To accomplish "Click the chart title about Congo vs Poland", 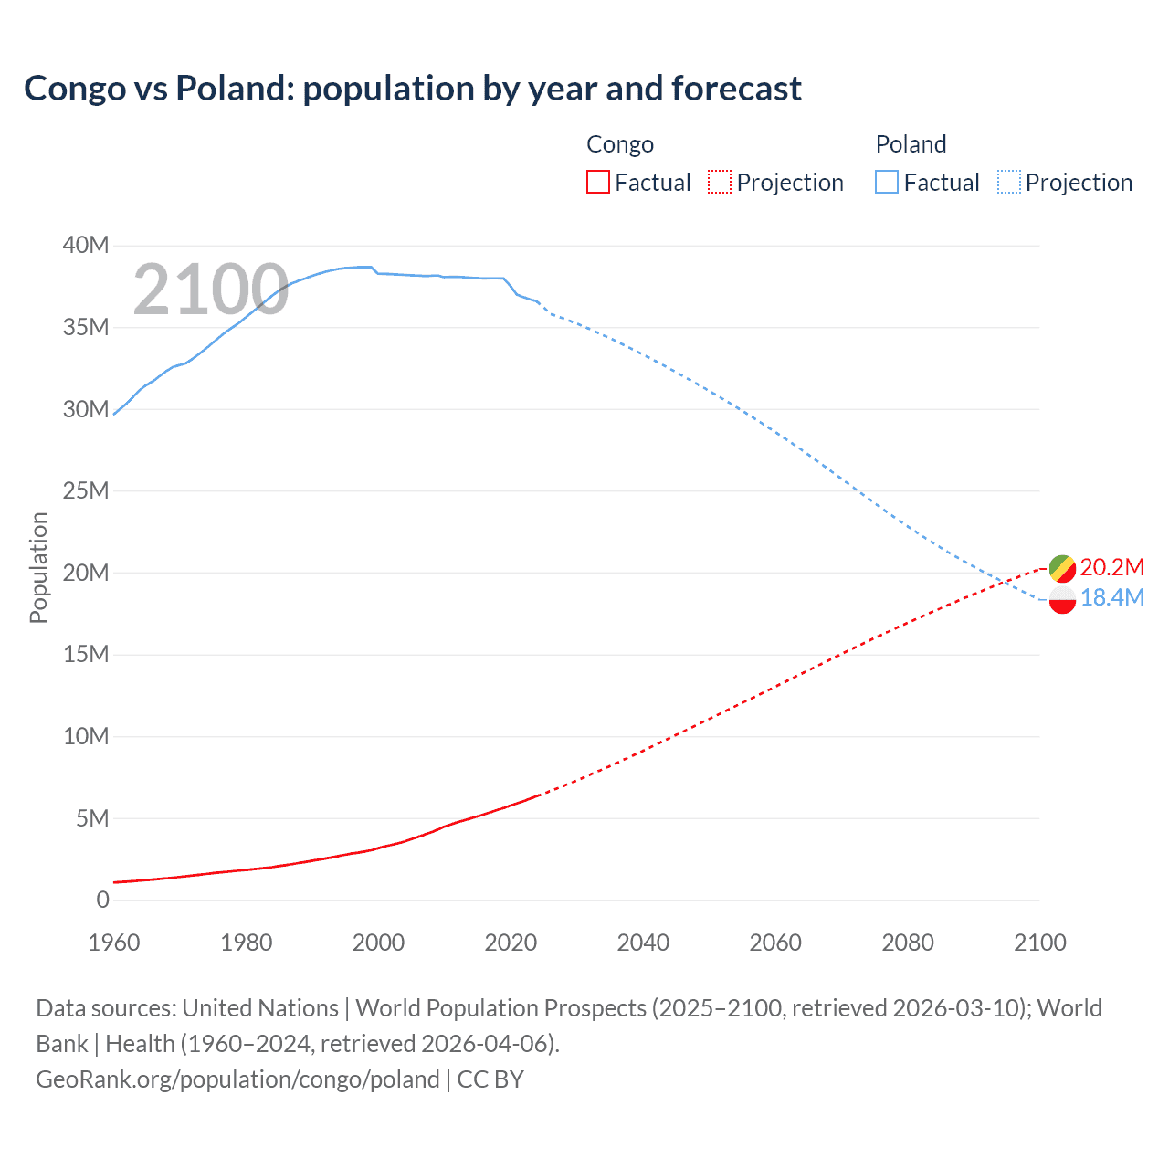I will [413, 89].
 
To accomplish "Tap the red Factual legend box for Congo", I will [597, 182].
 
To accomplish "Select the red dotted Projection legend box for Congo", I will [720, 182].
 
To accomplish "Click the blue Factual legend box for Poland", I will [886, 182].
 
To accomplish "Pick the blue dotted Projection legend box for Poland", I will [1008, 182].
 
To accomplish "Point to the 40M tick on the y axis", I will [85, 245].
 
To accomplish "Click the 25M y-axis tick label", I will [85, 490].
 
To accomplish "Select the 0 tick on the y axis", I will [102, 900].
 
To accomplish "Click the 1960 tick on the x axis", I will [114, 943].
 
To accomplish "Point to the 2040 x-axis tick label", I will [643, 943].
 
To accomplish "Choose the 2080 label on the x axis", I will [908, 943].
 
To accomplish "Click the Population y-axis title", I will [38, 567].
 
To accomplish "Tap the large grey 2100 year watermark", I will [211, 290].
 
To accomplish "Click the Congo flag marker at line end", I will [1062, 568].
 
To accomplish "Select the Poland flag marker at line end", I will [1062, 599].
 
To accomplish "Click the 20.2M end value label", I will [1111, 567].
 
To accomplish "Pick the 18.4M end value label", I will [1111, 598].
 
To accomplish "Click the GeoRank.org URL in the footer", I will [237, 1079].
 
